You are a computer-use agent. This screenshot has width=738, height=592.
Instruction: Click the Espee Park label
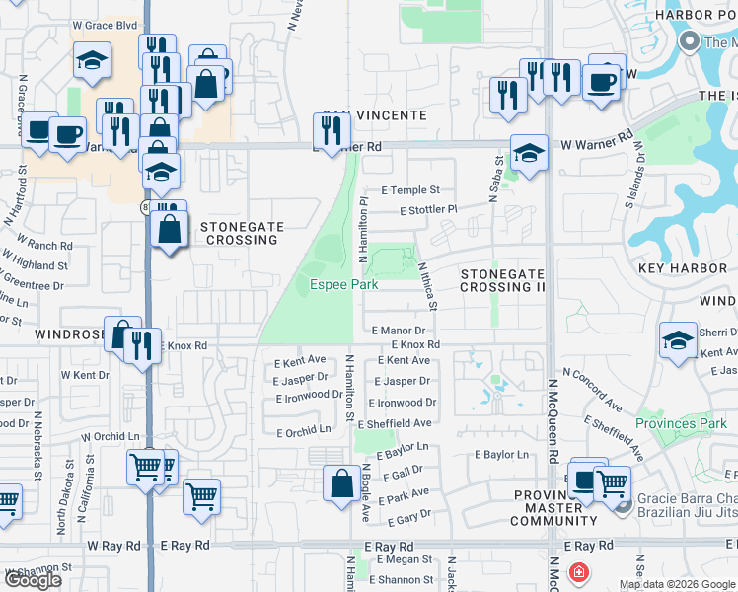coord(344,284)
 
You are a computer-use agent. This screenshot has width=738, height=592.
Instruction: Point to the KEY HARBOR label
coord(682,268)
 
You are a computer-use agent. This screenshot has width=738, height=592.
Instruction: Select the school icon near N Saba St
coord(529,153)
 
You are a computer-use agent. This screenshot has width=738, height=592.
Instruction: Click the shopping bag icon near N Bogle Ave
coord(340,483)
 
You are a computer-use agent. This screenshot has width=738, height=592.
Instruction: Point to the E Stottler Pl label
coord(429,209)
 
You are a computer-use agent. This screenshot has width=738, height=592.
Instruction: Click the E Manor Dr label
coord(399,332)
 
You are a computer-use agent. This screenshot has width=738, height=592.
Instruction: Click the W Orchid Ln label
coord(111,436)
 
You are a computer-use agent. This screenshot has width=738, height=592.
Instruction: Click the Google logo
coord(33,580)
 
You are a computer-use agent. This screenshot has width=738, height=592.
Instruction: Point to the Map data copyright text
coord(678,584)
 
